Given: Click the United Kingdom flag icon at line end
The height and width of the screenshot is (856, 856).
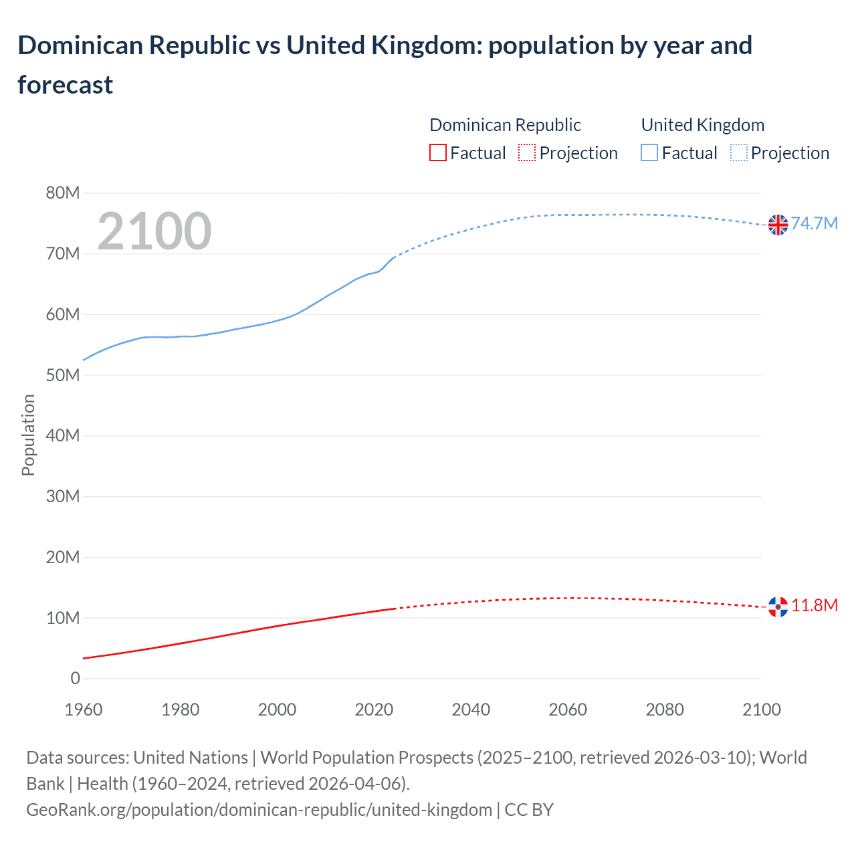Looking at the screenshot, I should tap(778, 225).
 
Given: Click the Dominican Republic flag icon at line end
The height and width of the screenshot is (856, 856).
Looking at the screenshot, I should tap(778, 607).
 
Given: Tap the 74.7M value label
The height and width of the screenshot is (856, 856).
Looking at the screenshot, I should tap(814, 223).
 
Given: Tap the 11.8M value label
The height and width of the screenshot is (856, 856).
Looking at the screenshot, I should tap(814, 605).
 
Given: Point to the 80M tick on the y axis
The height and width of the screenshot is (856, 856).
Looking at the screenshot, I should tap(63, 193).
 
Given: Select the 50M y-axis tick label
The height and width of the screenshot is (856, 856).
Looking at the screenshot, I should tap(63, 375).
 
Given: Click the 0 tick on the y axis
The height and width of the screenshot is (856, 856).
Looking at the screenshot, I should tap(75, 678).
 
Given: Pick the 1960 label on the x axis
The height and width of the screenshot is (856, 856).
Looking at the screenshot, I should tap(84, 710).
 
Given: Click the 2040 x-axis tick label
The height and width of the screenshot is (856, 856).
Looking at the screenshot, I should tap(471, 710).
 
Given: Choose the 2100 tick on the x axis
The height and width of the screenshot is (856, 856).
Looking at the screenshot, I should tap(761, 710).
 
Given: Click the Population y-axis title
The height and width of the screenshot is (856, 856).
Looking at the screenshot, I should tap(28, 435).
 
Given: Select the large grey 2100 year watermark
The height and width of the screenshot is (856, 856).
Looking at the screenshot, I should tap(154, 231).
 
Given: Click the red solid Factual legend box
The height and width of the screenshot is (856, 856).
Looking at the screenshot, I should tap(437, 153).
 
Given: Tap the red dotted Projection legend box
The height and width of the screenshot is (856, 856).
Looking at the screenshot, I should tap(527, 153).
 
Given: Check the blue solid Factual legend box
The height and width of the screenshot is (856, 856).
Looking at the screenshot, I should tap(649, 153).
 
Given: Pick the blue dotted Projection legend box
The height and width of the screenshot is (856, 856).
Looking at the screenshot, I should tap(738, 153).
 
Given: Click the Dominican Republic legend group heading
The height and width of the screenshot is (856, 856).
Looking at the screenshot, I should tap(505, 125).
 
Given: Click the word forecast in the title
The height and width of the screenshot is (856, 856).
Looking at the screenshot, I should tap(66, 85).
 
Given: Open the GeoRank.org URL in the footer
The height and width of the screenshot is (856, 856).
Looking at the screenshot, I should tap(259, 810).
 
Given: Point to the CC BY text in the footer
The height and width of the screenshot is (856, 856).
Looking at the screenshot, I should tap(528, 810).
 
